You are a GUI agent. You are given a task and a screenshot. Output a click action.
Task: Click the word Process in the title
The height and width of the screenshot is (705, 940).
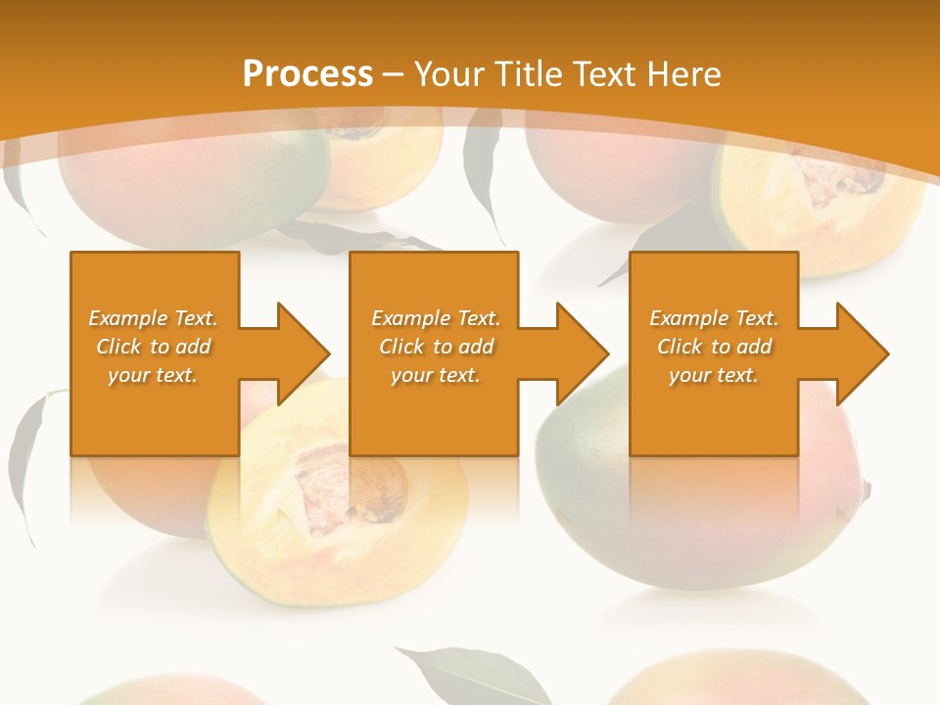(307, 74)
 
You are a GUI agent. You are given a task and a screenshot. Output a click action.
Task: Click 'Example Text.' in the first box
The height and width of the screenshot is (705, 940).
(154, 318)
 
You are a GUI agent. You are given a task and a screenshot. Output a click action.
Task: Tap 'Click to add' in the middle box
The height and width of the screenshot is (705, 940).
(436, 347)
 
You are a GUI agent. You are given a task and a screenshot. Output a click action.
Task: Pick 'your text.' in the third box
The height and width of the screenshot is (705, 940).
(714, 375)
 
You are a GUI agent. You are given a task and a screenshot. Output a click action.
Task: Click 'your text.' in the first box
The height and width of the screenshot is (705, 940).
(154, 375)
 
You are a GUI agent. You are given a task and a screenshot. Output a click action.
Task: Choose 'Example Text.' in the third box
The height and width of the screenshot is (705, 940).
(714, 318)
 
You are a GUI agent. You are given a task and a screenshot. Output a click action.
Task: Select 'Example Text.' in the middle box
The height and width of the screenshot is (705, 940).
(436, 318)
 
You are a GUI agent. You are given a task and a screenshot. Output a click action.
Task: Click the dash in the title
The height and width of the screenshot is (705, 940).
(394, 74)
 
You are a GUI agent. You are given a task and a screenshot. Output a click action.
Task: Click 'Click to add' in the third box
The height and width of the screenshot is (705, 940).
(714, 347)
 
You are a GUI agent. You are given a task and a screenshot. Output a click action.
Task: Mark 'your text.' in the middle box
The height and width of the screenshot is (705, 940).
(436, 375)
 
